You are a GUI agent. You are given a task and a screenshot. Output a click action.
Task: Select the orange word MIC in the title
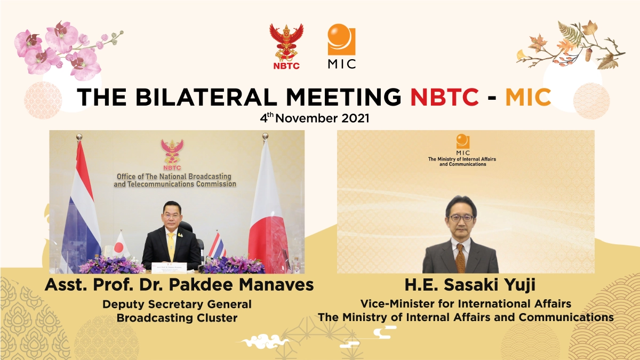tap(527, 98)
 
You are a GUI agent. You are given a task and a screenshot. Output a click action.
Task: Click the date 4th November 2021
tap(315, 118)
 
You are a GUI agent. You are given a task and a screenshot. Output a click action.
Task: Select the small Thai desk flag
tap(217, 246)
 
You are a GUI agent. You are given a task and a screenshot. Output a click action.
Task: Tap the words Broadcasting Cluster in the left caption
tap(177, 318)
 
